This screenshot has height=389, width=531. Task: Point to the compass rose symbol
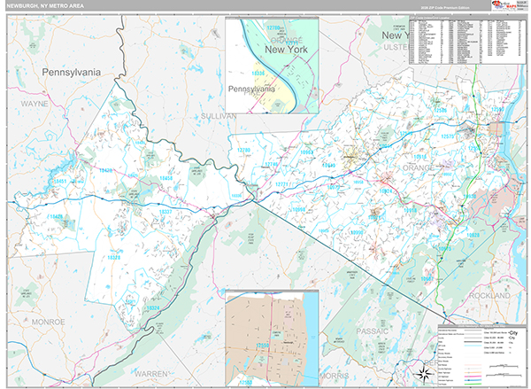[423, 373]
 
